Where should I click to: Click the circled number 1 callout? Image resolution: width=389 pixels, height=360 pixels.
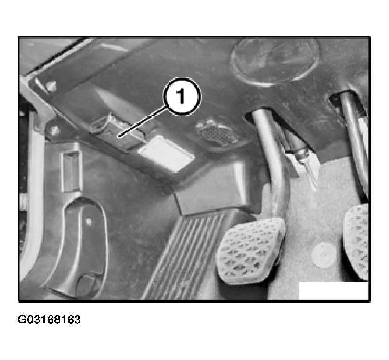click(182, 96)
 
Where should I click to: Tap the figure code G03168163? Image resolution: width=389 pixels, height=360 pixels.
click(49, 320)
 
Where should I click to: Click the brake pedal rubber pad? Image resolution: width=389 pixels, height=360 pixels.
click(251, 251)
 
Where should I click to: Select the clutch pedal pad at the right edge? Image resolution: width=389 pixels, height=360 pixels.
click(356, 242)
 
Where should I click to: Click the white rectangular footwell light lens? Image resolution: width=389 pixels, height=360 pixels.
click(166, 153)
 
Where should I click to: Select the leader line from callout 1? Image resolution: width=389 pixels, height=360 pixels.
click(143, 121)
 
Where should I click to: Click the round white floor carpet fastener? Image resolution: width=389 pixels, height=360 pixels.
click(323, 255)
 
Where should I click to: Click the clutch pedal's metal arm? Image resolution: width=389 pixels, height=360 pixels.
click(355, 144)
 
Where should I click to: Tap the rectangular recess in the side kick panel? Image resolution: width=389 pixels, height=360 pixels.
click(72, 171)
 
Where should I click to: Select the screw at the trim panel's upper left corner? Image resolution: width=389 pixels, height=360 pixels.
click(51, 86)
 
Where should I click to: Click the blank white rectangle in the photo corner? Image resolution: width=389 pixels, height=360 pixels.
click(334, 291)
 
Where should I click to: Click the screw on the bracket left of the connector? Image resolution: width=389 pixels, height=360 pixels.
click(54, 129)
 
